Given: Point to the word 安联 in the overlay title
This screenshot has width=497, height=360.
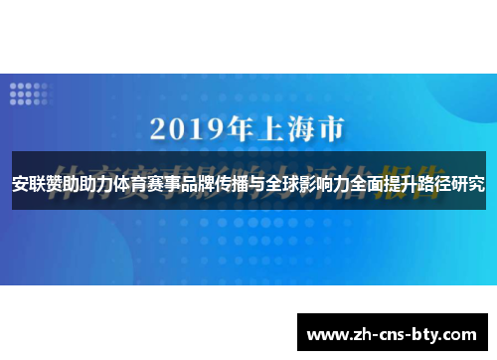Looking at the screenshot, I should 28,184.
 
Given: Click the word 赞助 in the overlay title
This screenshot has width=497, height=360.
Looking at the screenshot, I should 64,184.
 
